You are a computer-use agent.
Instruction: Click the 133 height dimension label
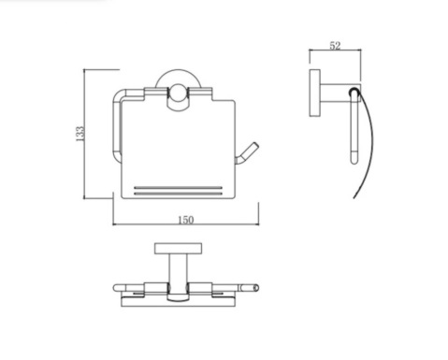click(80, 134)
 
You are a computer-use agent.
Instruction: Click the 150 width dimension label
click(186, 220)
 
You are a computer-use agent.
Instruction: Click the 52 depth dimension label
click(335, 46)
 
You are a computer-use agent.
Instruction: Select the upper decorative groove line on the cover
click(178, 188)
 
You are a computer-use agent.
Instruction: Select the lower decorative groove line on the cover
click(178, 194)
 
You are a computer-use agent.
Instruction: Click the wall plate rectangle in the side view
click(315, 94)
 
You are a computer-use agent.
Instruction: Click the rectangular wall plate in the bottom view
click(178, 249)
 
